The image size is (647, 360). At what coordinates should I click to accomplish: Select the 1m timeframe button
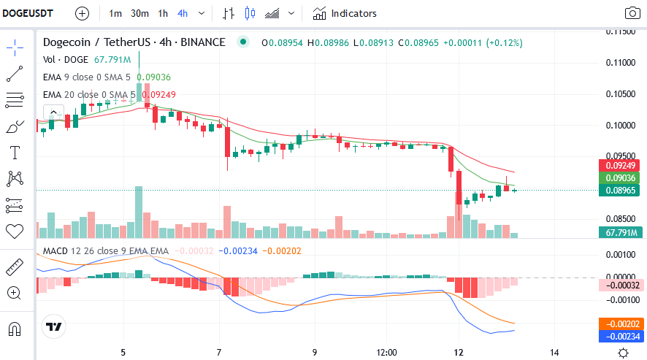[x=115, y=13]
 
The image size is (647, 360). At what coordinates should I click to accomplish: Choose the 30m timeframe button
[x=139, y=13]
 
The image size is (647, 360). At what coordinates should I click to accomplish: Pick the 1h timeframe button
[x=163, y=13]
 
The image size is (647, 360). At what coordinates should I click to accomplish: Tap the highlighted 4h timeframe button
[x=182, y=13]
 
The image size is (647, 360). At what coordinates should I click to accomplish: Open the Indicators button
[x=345, y=13]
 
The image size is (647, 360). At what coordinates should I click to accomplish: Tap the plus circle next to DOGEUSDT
[x=82, y=13]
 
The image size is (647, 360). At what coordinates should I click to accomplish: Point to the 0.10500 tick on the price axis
[x=622, y=93]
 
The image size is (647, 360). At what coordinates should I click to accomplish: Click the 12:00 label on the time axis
[x=386, y=352]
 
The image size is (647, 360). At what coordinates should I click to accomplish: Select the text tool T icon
[x=15, y=153]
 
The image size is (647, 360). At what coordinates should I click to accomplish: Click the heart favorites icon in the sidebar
[x=15, y=231]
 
